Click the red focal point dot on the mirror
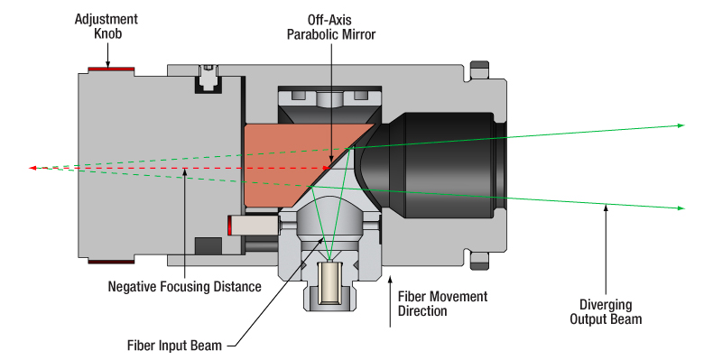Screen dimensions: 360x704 324,168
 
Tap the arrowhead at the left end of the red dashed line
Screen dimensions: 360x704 33,168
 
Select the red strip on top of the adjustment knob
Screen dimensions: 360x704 107,69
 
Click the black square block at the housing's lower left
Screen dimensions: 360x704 208,245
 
